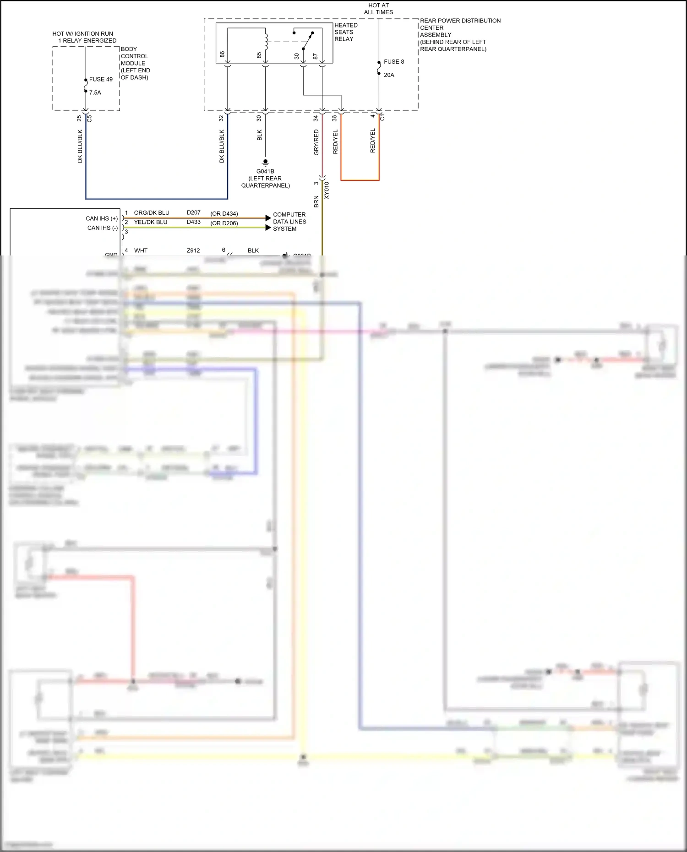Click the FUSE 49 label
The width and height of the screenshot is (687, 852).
coord(101,79)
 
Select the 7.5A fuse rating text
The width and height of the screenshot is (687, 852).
coord(95,92)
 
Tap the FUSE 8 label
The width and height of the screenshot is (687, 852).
coord(394,62)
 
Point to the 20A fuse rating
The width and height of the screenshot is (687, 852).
coord(389,75)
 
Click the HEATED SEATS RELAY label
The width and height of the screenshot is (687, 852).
coord(346,32)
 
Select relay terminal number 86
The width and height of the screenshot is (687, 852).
coord(222,54)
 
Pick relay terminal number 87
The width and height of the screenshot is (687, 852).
coord(315,56)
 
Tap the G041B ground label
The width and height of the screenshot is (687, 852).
coord(265,171)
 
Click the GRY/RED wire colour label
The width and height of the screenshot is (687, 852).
coord(316,142)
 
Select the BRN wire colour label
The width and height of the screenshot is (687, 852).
coord(316,201)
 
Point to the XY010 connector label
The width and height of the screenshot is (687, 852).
coord(327,190)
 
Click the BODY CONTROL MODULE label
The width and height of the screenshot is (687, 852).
coord(135,63)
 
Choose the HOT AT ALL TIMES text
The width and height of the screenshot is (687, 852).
coord(378,9)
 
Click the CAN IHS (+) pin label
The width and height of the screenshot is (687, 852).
coord(102,218)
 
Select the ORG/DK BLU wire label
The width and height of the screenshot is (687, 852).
coord(152,213)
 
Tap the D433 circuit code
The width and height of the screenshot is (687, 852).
coord(194,222)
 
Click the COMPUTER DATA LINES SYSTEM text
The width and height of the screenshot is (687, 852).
coord(289,222)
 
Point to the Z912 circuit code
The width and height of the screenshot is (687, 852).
coord(193,250)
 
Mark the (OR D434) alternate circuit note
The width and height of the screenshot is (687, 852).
coord(224,214)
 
